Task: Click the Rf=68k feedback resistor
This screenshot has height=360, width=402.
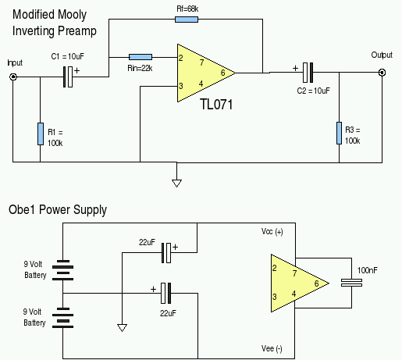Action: [187, 20]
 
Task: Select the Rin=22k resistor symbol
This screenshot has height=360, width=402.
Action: [141, 57]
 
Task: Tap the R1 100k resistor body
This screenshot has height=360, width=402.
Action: [41, 134]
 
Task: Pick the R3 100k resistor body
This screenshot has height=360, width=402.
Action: [339, 133]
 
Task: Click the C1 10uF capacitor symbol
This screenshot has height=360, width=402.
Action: [68, 77]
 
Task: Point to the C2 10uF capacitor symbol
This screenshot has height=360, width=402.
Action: [308, 73]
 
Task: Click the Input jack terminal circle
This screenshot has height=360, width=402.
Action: [13, 77]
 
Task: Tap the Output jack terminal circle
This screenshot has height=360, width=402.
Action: [382, 73]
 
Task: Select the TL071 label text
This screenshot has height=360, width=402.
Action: [216, 105]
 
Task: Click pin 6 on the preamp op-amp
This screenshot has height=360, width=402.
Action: [222, 73]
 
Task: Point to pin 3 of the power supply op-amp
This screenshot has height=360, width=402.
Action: [274, 297]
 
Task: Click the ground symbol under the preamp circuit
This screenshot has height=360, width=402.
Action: [176, 184]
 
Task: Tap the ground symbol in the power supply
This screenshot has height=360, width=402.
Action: [122, 328]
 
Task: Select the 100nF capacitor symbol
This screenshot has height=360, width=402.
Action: [351, 283]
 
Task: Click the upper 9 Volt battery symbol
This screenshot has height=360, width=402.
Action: [62, 270]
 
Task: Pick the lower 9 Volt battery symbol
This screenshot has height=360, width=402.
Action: [62, 318]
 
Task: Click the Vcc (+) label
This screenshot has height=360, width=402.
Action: [272, 231]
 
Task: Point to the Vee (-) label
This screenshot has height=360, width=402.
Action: [272, 348]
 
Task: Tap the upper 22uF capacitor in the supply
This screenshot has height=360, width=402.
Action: [166, 253]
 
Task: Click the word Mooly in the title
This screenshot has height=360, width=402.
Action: [72, 15]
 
